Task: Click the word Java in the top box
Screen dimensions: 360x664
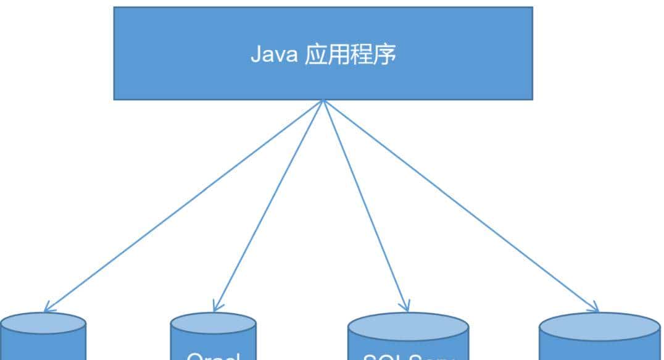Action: click(x=273, y=55)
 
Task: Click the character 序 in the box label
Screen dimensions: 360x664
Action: click(x=388, y=55)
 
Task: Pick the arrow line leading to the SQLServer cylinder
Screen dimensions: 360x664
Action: click(x=365, y=205)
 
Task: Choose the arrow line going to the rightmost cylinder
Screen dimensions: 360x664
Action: click(x=460, y=205)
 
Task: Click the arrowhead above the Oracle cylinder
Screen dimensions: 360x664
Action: click(x=216, y=308)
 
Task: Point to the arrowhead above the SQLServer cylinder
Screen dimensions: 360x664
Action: click(x=405, y=308)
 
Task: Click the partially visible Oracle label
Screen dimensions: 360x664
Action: click(x=213, y=356)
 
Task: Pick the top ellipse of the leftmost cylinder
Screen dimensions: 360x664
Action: click(x=42, y=322)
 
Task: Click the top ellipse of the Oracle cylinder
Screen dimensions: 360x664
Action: click(x=213, y=324)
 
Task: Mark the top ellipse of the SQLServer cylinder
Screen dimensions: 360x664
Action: click(x=409, y=325)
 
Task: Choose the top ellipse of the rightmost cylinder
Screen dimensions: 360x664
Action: click(x=600, y=326)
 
